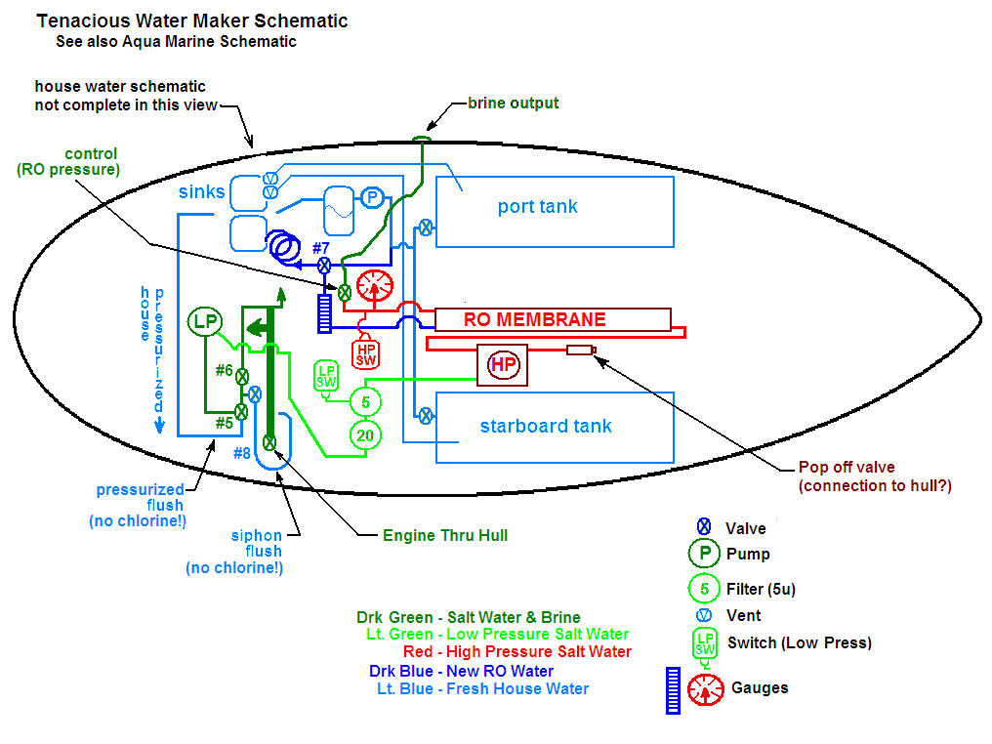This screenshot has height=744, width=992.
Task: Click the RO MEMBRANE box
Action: tap(553, 319)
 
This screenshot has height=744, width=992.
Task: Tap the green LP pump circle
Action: tap(205, 320)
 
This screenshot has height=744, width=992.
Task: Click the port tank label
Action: tap(537, 206)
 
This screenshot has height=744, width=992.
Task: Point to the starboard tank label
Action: tap(546, 426)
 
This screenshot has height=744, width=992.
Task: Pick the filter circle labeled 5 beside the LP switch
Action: tap(365, 400)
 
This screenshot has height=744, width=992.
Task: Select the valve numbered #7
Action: tap(324, 265)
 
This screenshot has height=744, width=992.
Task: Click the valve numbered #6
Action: tap(241, 375)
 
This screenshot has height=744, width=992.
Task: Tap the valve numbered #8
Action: tap(269, 442)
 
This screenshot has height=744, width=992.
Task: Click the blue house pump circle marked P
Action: tap(371, 198)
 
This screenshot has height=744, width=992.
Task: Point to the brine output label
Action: tap(513, 103)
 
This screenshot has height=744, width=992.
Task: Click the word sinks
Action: tap(201, 191)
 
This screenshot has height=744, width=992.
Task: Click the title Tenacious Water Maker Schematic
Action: tap(191, 21)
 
